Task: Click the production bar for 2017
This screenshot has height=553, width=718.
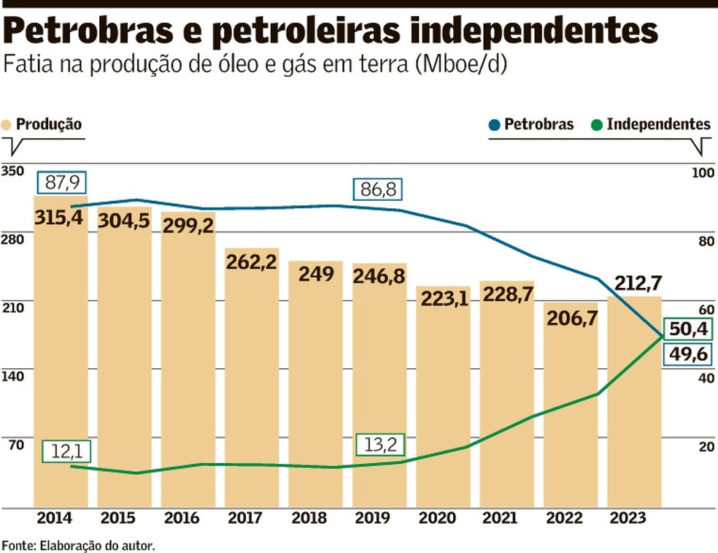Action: tap(252, 380)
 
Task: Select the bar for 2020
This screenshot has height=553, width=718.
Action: tap(444, 398)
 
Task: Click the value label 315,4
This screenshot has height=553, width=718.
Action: tap(58, 217)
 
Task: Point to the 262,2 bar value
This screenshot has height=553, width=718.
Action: tap(252, 261)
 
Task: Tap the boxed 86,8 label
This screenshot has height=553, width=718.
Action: tap(378, 190)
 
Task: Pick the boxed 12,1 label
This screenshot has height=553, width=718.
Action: tap(66, 451)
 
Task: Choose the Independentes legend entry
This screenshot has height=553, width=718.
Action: tap(652, 124)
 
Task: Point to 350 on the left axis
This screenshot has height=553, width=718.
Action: tap(13, 171)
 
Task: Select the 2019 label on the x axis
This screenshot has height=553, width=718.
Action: tap(378, 519)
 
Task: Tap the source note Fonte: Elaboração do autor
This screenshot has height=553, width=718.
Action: tap(78, 545)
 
